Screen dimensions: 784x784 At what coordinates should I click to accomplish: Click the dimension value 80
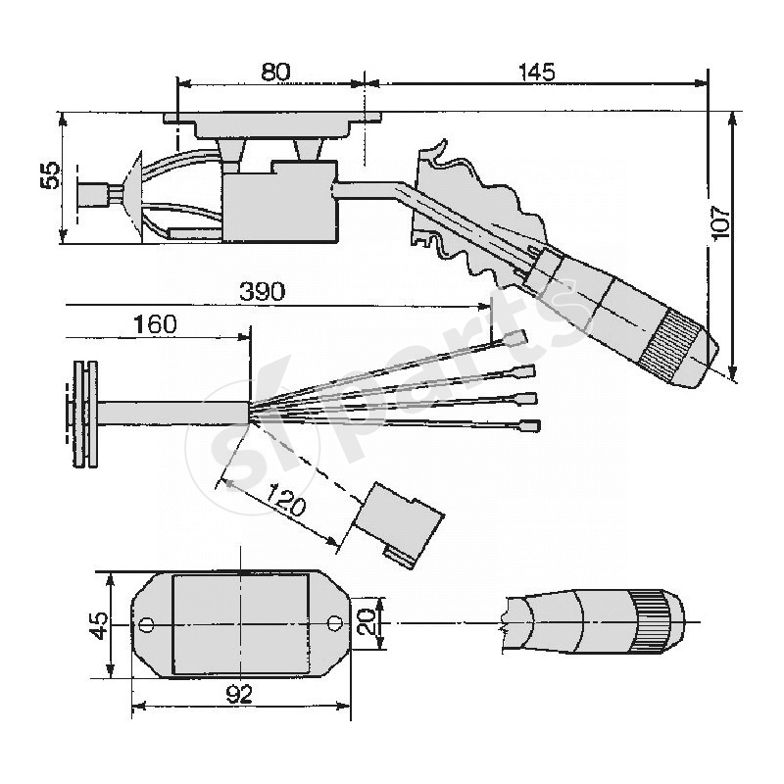point(275,73)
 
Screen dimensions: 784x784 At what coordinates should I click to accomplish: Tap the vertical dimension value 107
point(721,223)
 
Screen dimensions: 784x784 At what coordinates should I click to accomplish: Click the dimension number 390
point(263,292)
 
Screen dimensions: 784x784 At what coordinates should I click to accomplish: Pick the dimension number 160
point(156,324)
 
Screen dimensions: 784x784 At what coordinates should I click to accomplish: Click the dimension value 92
point(239,695)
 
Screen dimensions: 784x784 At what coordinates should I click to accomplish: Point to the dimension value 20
point(365,620)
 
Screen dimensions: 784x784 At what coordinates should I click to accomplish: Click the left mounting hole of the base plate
point(147,623)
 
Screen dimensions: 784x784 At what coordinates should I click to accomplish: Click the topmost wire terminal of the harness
point(515,339)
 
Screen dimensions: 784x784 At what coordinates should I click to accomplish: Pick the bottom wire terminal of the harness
point(530,426)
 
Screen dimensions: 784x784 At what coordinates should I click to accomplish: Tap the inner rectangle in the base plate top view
point(240,623)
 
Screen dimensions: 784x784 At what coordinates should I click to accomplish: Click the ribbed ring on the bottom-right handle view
point(651,620)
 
